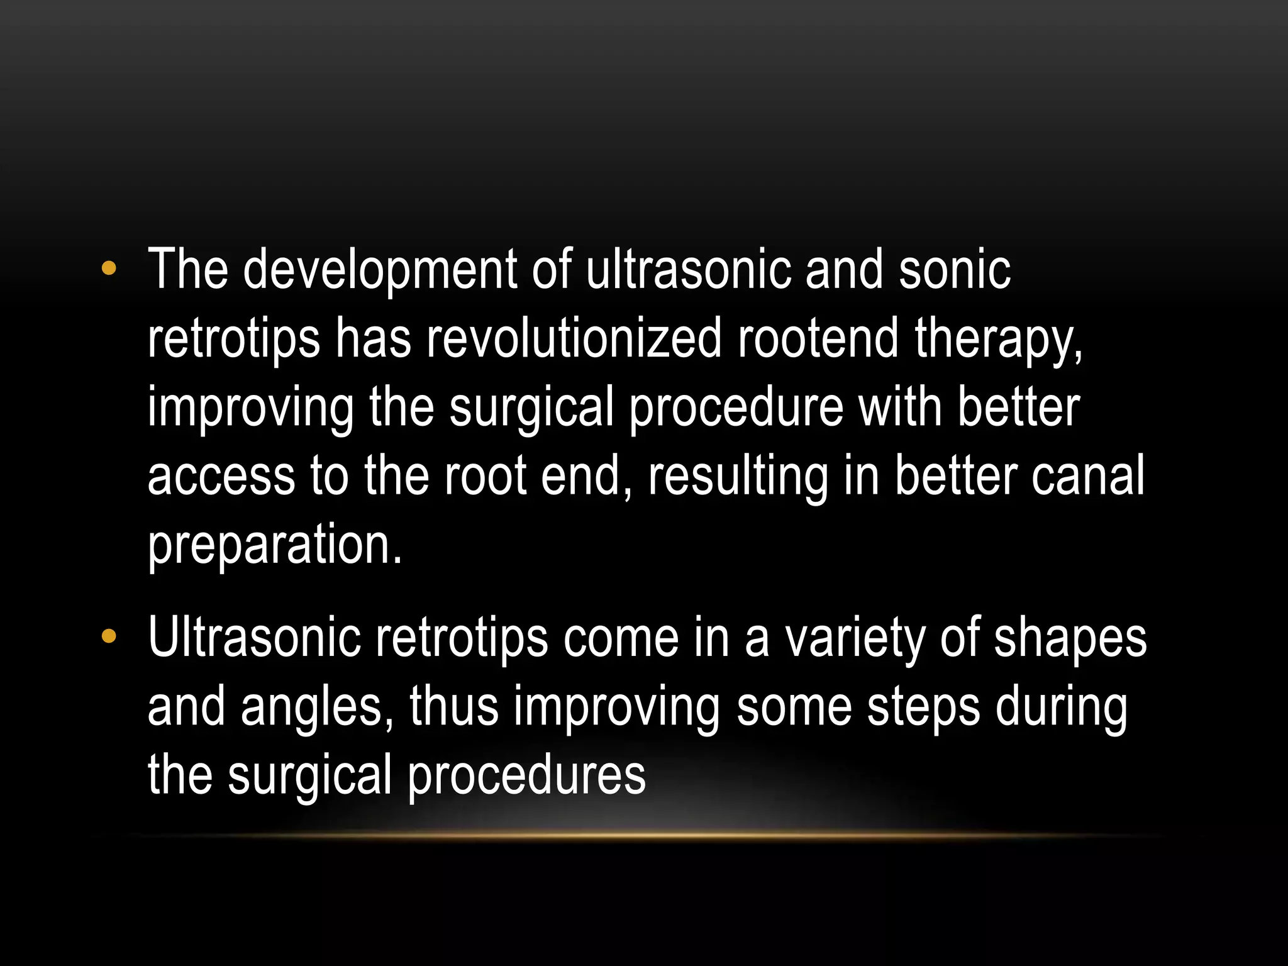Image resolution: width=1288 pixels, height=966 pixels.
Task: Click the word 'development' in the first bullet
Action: tap(380, 270)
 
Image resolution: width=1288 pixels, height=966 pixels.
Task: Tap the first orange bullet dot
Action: tap(109, 269)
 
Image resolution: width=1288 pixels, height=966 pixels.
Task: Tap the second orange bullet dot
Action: tap(109, 636)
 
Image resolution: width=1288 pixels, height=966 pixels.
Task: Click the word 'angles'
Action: tap(317, 708)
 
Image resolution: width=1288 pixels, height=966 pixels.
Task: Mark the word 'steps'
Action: tap(923, 708)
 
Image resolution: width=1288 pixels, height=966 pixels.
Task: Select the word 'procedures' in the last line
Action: tap(526, 775)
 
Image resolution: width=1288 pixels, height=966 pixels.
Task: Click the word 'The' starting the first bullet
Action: tap(187, 270)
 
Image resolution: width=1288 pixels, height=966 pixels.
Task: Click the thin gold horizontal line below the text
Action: tap(644, 836)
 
